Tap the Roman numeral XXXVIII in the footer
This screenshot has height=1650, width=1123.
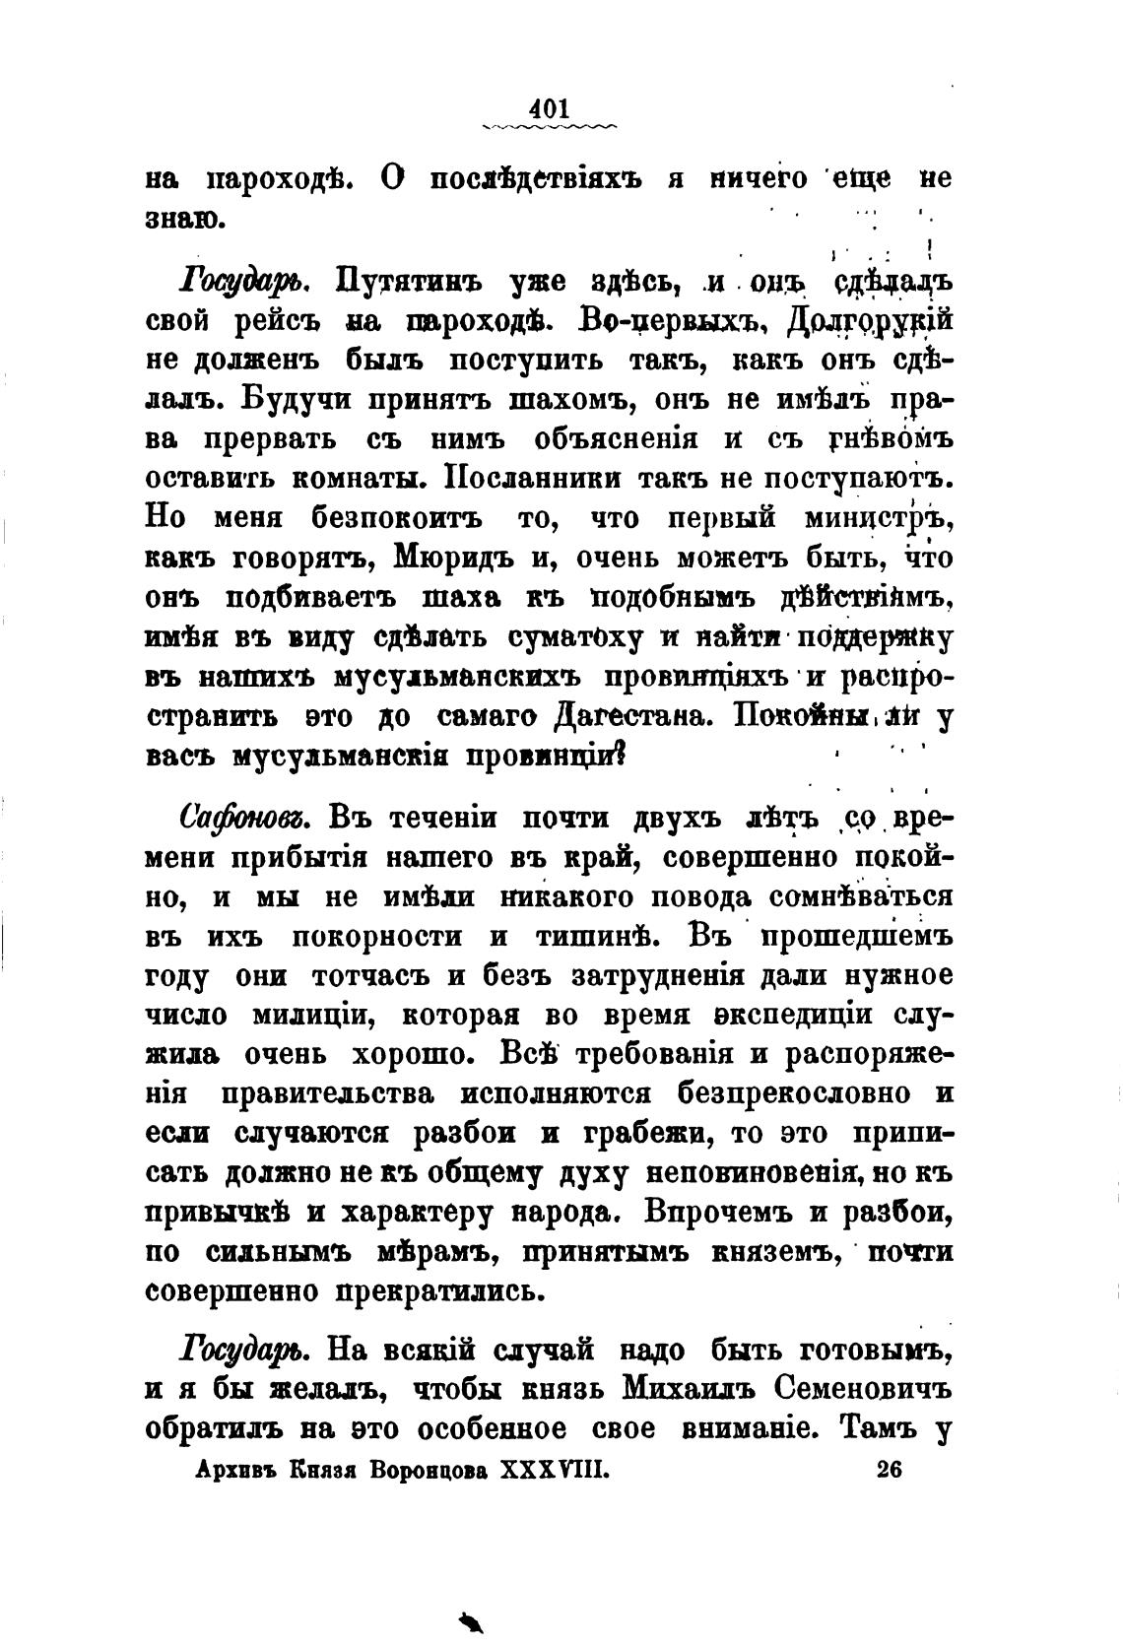pyautogui.click(x=557, y=1470)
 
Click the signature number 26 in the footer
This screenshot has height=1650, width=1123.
pyautogui.click(x=888, y=1470)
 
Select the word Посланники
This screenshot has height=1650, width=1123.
pyautogui.click(x=533, y=480)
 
